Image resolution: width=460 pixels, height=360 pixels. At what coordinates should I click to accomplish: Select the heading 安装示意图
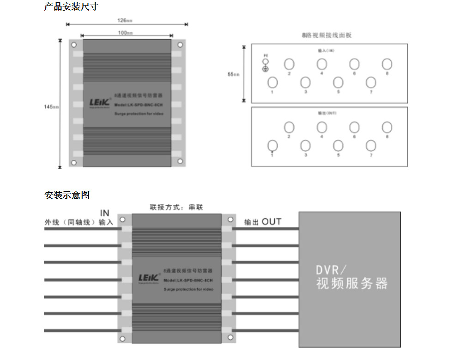coord(67,195)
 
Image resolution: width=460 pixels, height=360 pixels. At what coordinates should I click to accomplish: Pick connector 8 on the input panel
coord(387,64)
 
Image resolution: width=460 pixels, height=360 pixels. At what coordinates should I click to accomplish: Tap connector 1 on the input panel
coord(272,82)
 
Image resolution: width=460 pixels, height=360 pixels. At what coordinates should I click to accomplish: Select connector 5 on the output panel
coord(338,146)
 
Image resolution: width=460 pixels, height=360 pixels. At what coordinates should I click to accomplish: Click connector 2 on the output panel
coord(289,127)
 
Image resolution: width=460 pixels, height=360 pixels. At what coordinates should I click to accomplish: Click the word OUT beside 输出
coord(271,222)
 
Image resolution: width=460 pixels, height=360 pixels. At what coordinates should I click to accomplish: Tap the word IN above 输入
coord(105,213)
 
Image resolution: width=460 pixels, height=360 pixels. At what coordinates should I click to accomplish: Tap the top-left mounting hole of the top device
coord(73,45)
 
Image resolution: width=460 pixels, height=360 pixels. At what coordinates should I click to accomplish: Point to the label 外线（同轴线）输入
coord(79,222)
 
